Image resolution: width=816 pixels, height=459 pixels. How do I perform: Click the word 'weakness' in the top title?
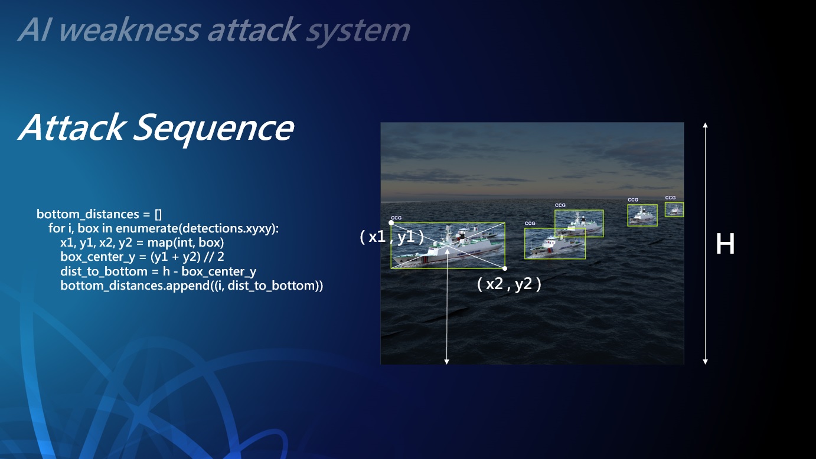click(130, 30)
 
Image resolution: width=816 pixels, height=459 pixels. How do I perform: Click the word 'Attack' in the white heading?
click(71, 127)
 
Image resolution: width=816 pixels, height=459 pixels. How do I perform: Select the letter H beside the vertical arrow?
click(725, 244)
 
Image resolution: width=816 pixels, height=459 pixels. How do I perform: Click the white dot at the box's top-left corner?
click(391, 222)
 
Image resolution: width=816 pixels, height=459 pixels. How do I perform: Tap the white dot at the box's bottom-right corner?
click(504, 268)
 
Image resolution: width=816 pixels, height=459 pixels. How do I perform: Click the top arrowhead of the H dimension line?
click(705, 125)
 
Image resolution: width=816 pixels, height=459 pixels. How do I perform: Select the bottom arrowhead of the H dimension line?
click(705, 362)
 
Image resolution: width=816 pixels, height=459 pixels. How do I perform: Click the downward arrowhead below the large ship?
click(446, 362)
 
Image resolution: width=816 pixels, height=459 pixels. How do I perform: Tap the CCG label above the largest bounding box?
click(396, 218)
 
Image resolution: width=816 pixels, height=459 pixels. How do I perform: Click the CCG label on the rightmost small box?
click(670, 198)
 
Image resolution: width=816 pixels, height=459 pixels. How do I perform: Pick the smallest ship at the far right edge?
click(674, 210)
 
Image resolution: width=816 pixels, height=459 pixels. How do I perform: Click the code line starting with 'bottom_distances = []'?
click(99, 214)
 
